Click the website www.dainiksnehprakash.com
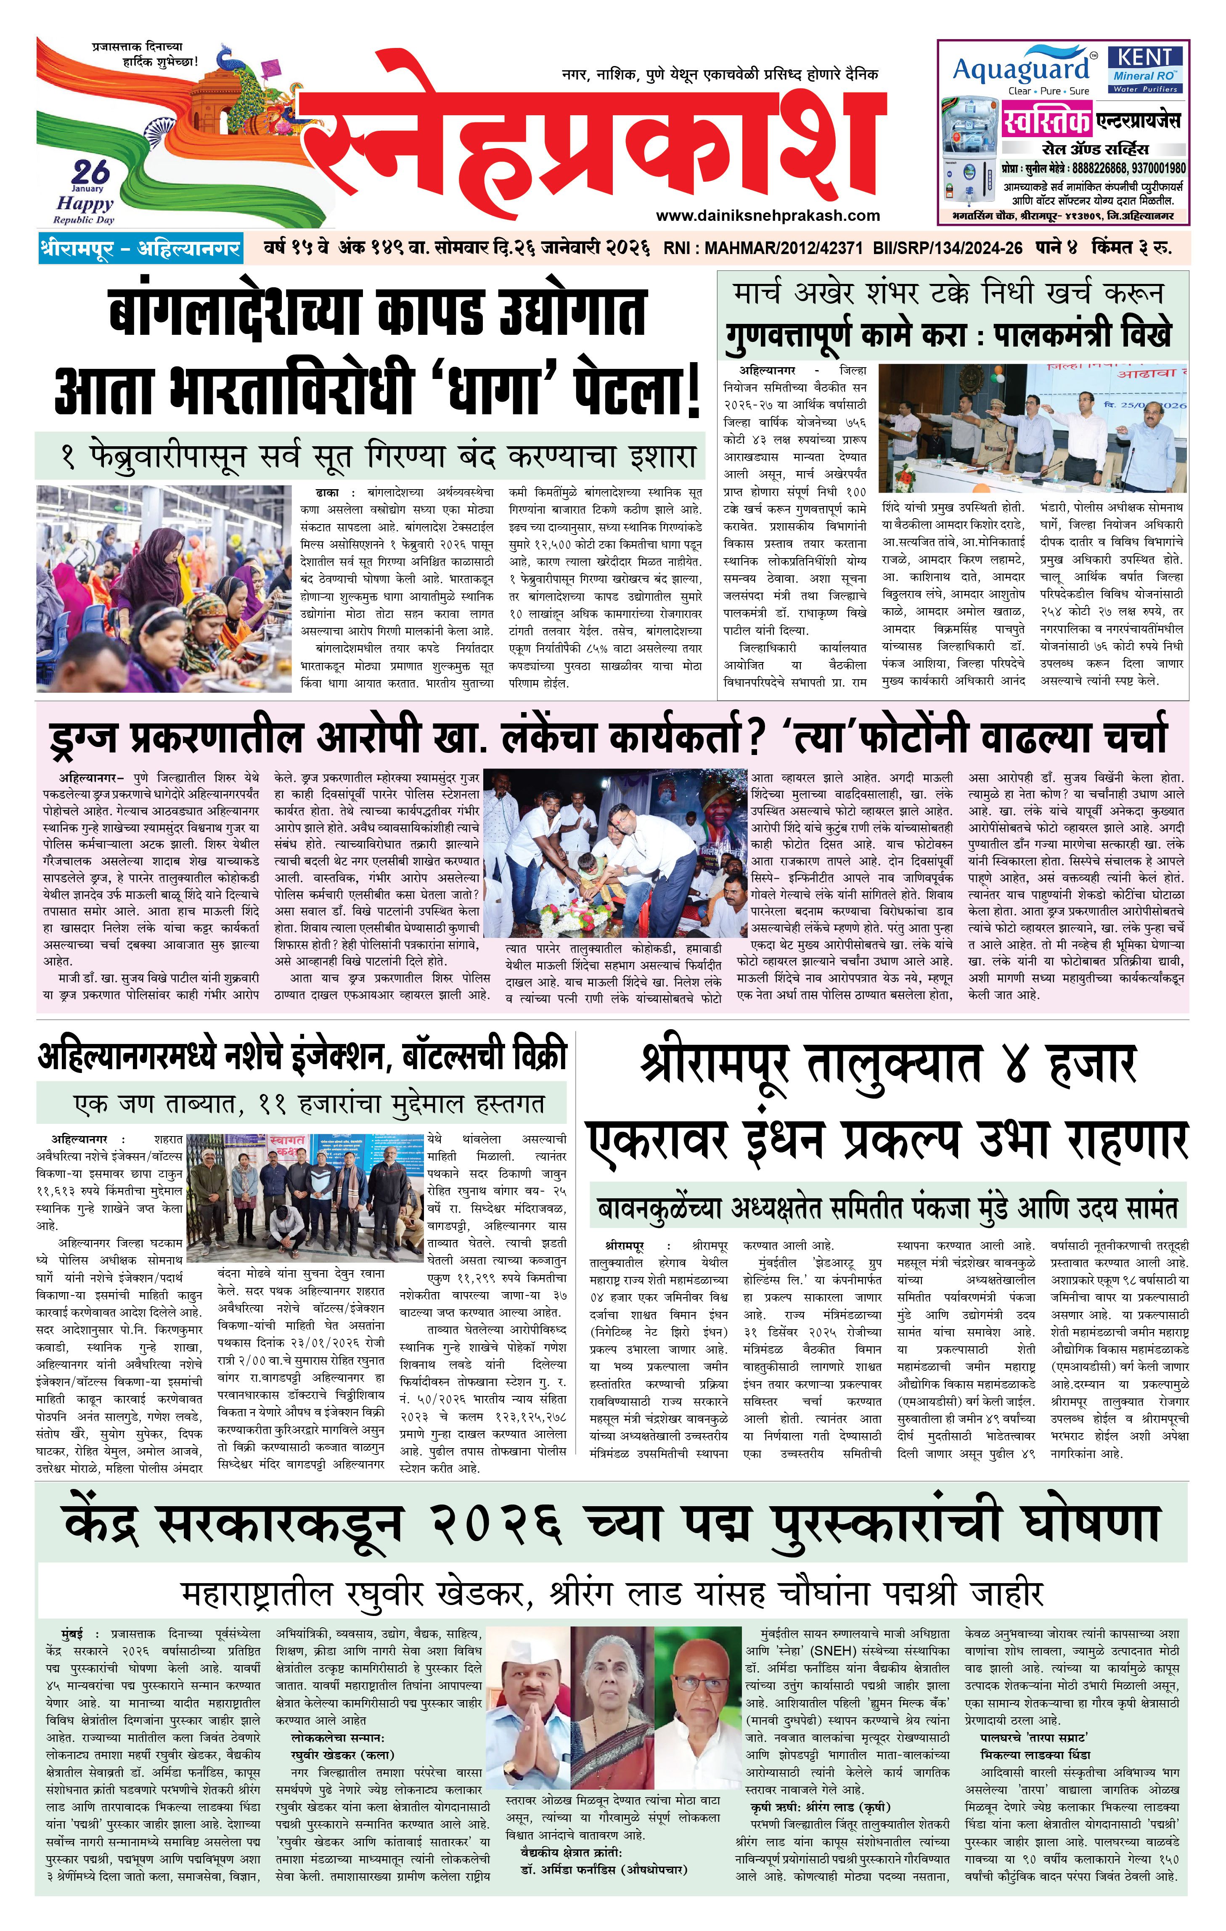tap(767, 215)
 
